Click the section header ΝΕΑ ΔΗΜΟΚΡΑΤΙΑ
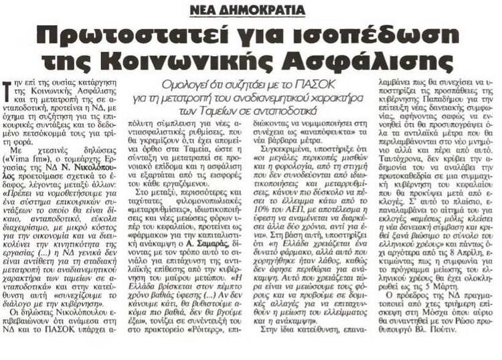(x=247, y=9)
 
